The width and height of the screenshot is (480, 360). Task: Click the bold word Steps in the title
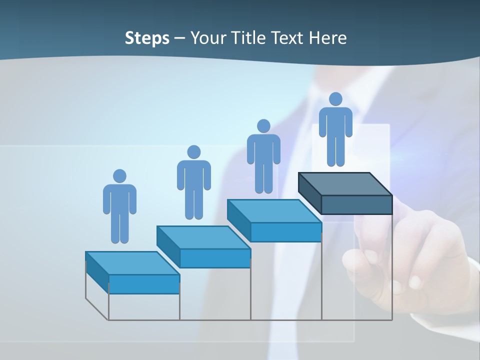pos(147,38)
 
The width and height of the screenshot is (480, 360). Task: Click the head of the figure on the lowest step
pos(119,176)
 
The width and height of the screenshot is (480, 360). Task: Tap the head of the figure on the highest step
pos(335,99)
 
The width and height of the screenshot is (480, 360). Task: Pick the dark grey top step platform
pos(345,184)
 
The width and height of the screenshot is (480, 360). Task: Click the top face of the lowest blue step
pos(132,263)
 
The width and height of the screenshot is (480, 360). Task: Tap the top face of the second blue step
pos(203,237)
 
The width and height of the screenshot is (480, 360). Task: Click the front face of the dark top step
pos(356,204)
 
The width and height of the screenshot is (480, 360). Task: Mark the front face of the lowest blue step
pos(144,284)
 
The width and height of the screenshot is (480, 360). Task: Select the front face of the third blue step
pos(285,232)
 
